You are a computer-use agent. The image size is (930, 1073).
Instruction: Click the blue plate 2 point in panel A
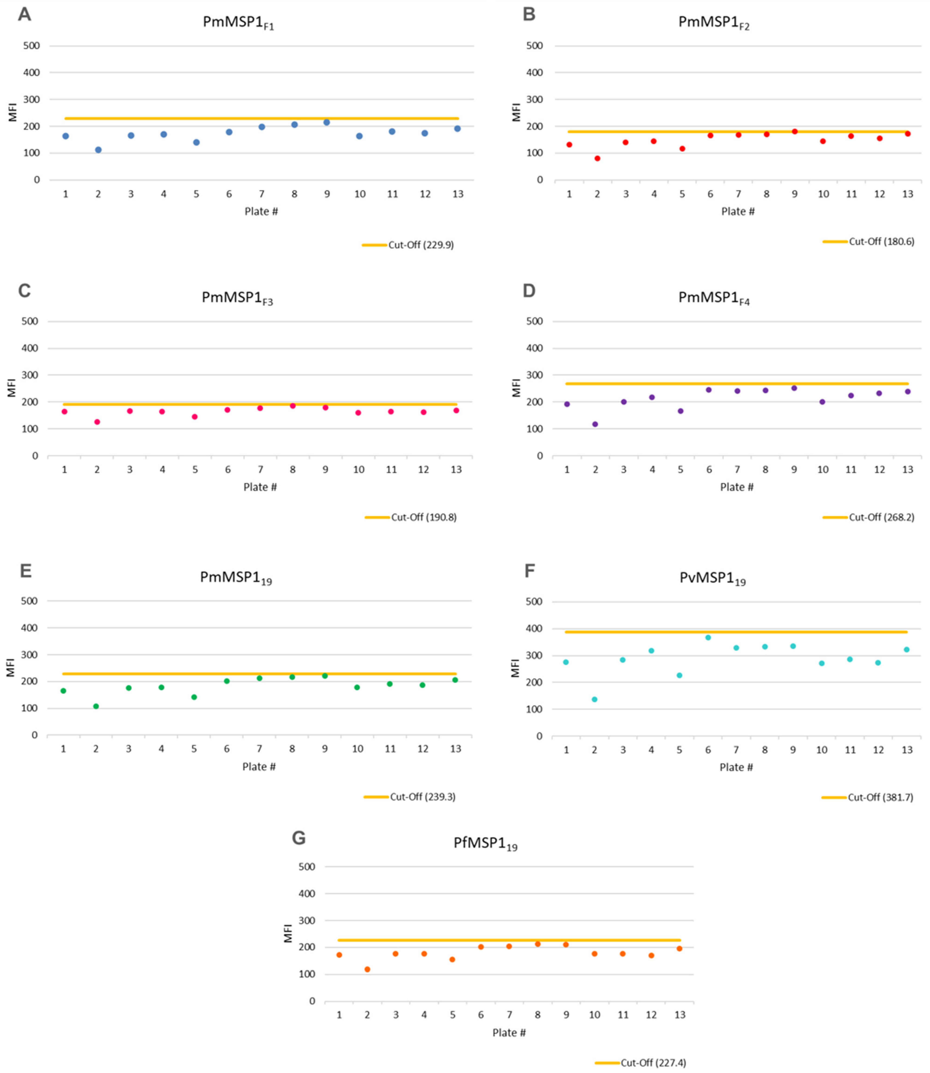[x=98, y=150]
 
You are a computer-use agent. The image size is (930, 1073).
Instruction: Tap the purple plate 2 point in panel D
[x=595, y=424]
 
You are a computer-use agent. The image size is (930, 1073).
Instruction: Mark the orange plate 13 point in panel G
[x=679, y=948]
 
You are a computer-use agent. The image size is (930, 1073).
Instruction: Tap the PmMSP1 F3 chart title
[x=237, y=298]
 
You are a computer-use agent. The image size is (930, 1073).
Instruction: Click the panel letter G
[x=299, y=838]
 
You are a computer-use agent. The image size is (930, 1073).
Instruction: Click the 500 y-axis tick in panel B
[x=535, y=46]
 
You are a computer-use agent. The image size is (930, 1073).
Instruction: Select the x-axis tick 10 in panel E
[x=358, y=749]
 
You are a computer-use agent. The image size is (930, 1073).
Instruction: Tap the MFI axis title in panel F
[x=515, y=668]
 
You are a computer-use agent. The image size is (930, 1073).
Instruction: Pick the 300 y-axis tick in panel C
[x=29, y=375]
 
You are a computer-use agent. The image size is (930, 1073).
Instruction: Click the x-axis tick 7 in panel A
[x=262, y=194]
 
